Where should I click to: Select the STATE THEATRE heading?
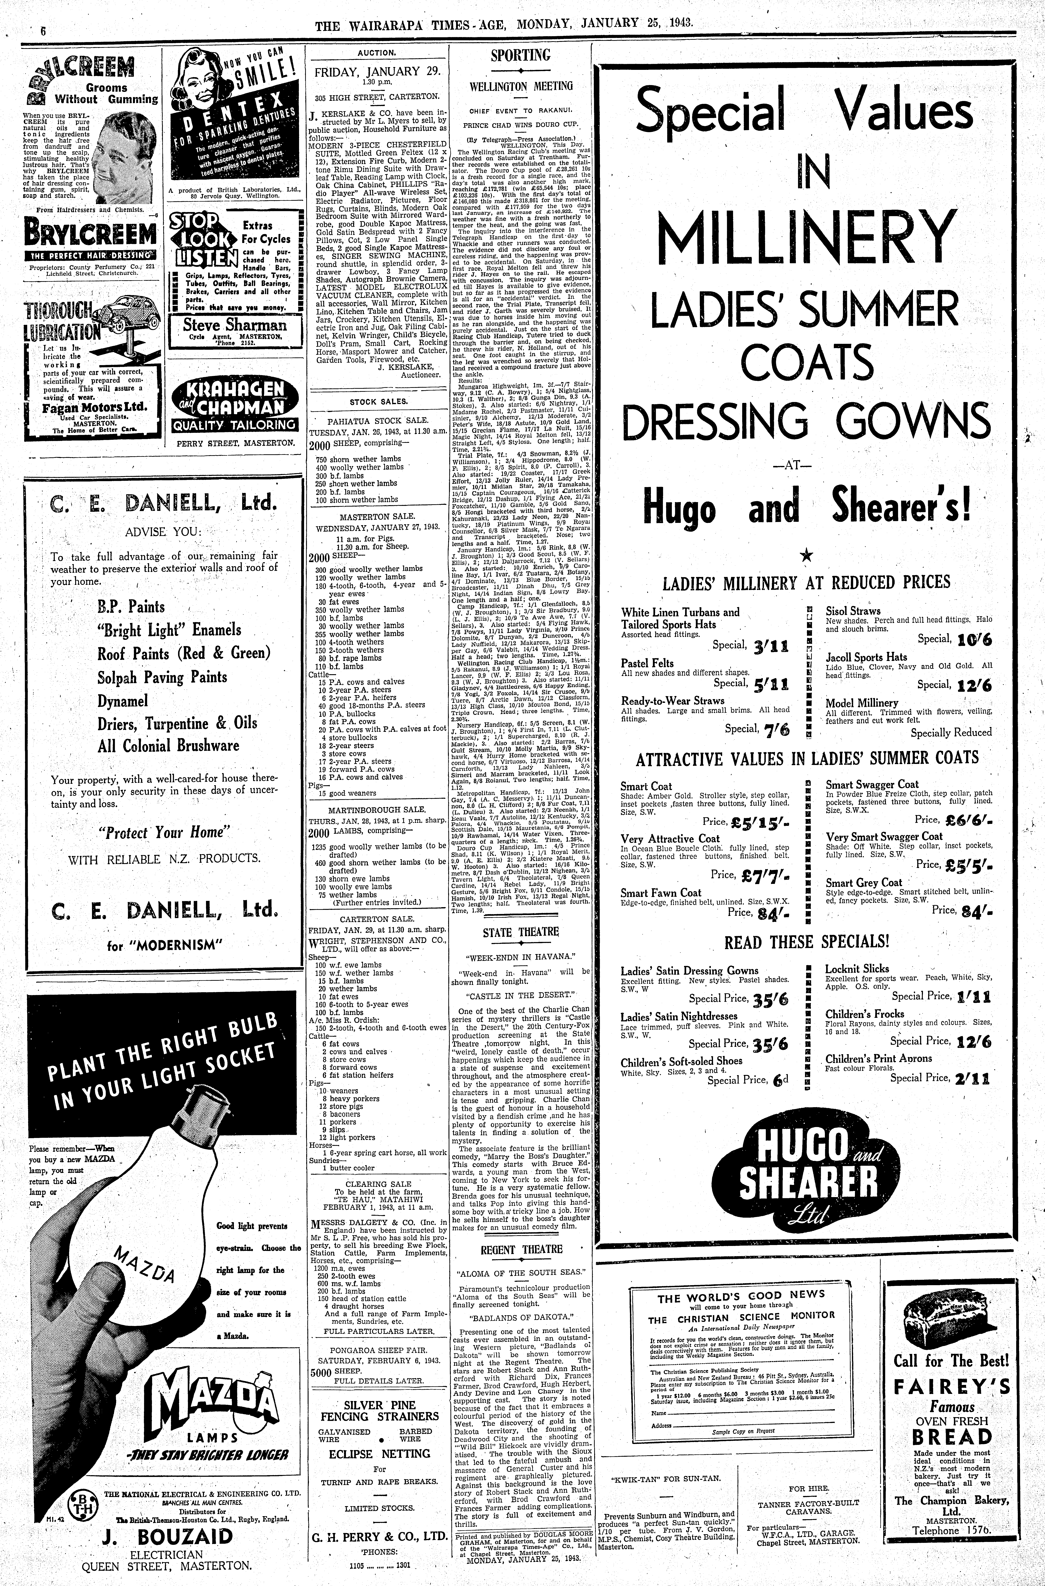click(x=520, y=932)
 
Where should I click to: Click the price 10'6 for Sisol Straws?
click(x=974, y=640)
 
